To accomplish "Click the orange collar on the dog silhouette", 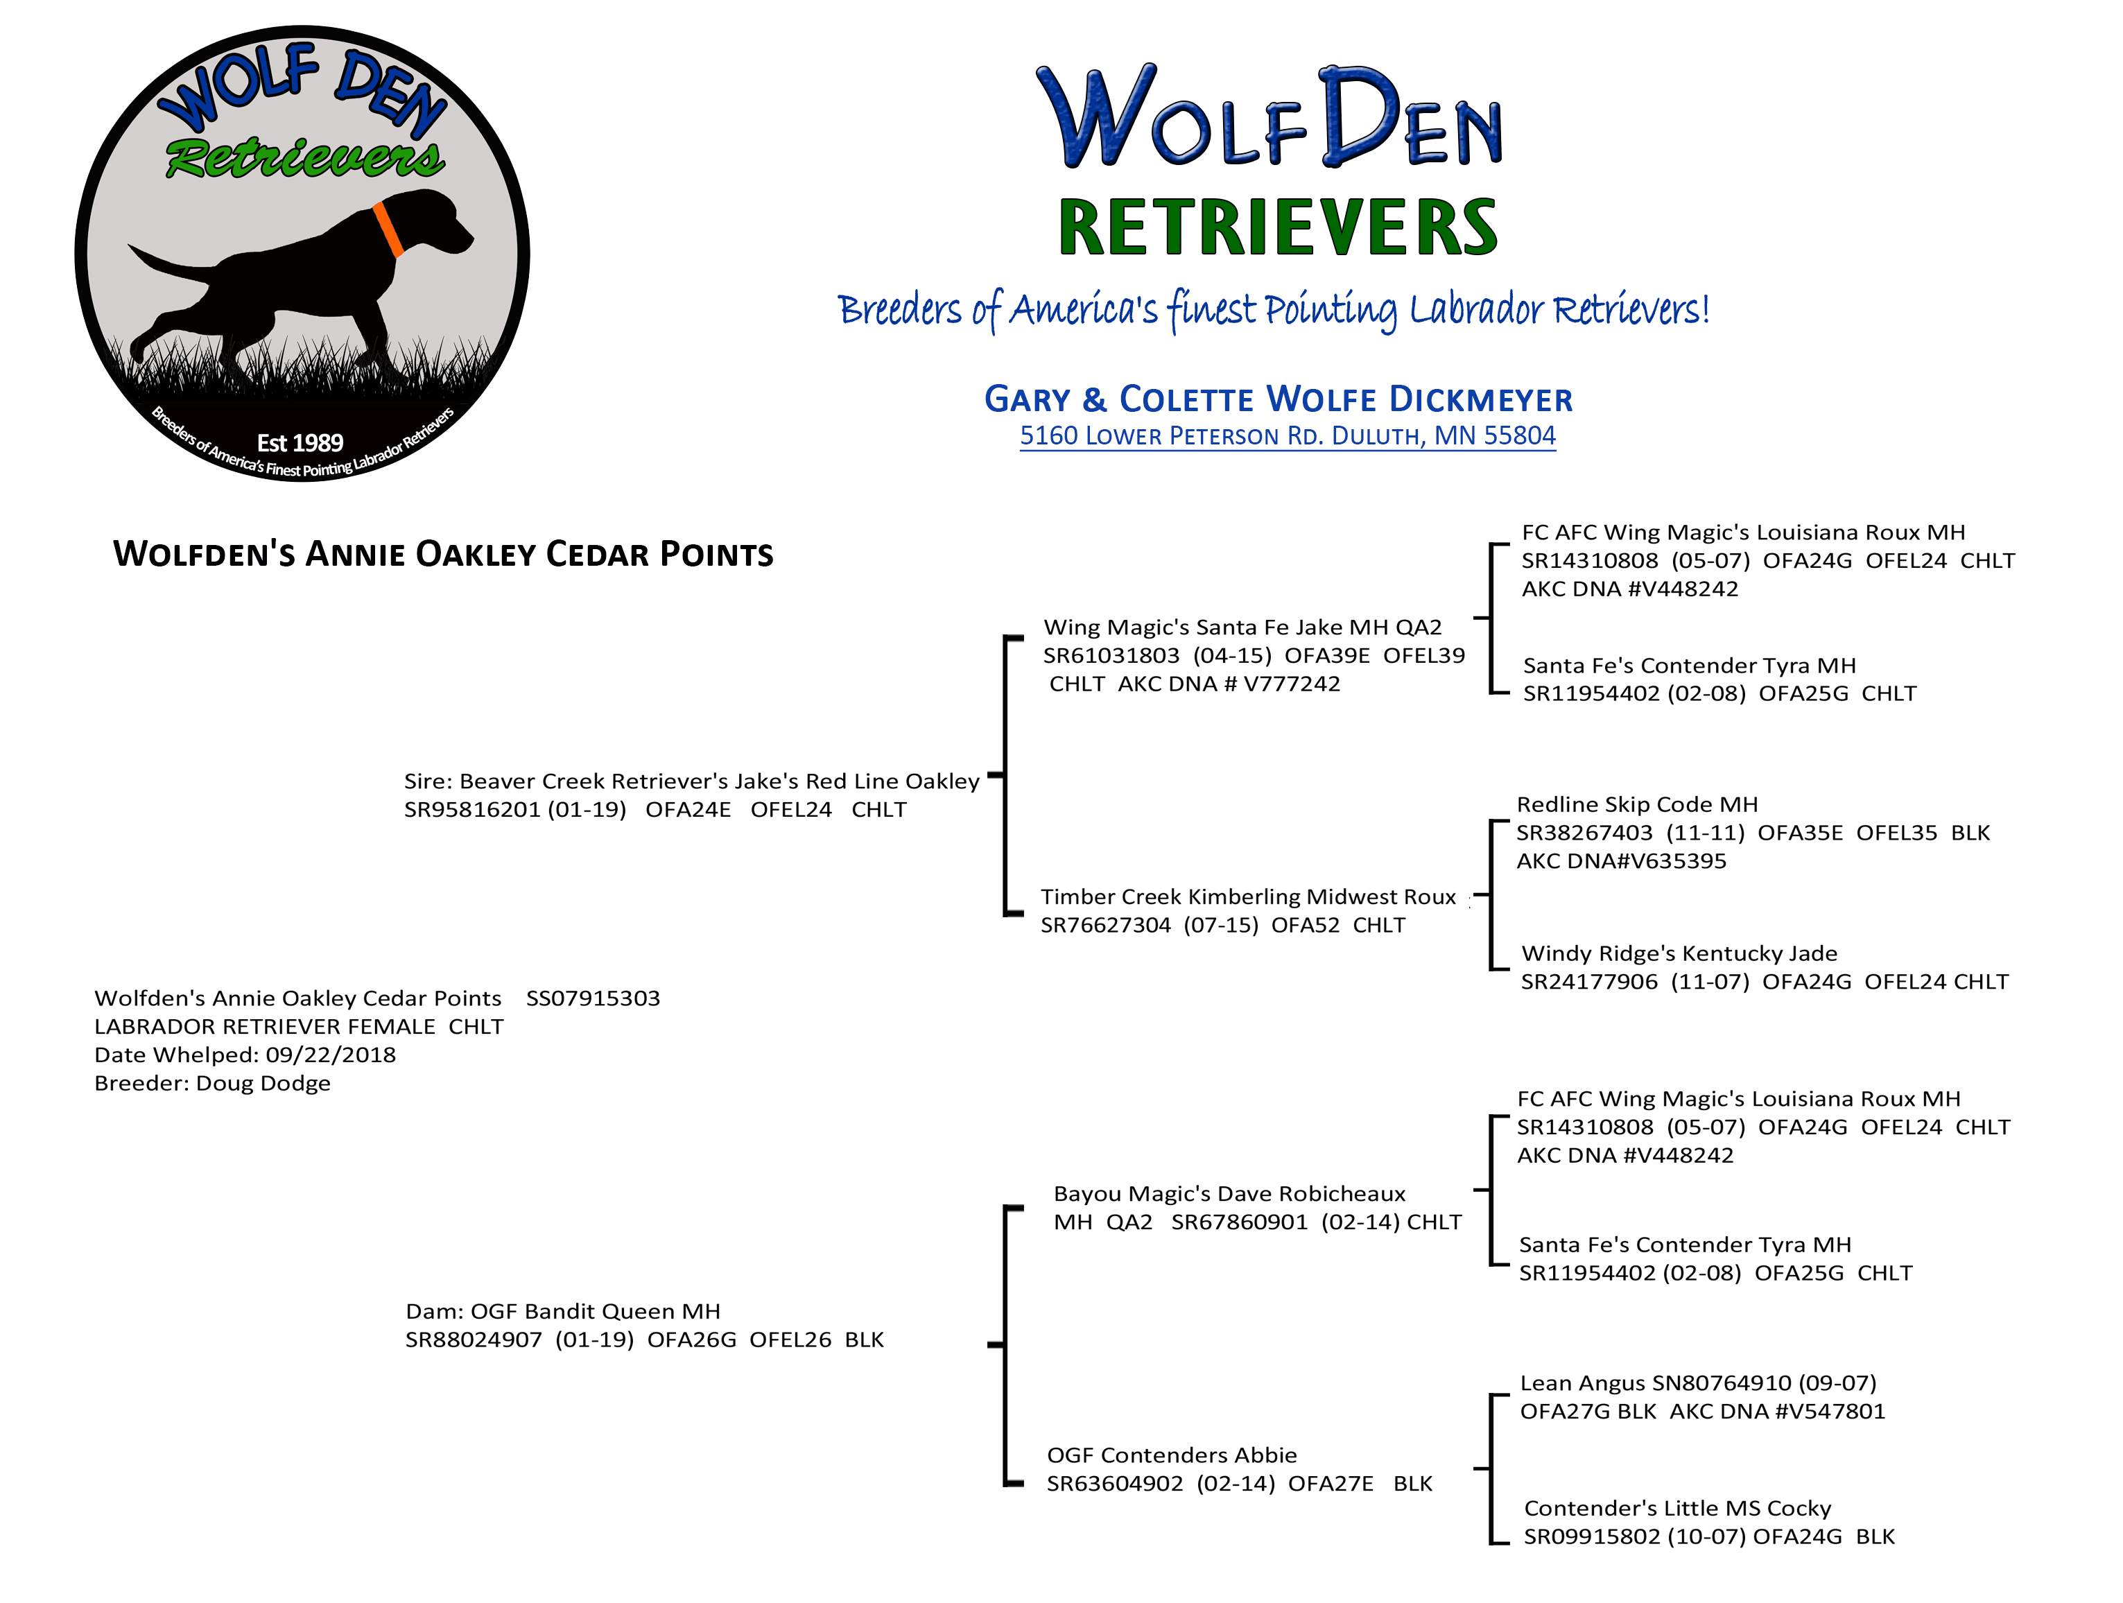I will (x=388, y=229).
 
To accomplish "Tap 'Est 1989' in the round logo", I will (x=300, y=442).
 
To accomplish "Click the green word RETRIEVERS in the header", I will (x=1277, y=228).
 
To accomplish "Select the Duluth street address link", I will (x=1287, y=436).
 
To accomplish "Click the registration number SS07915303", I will (x=592, y=998).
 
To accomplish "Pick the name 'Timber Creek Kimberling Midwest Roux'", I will (x=1248, y=897).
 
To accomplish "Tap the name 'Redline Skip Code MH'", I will (x=1636, y=804).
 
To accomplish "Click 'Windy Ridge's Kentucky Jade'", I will (x=1679, y=954).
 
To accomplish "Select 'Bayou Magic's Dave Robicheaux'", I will (x=1229, y=1194).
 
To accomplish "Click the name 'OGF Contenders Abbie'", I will (x=1171, y=1455).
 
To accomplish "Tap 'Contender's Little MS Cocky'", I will (x=1676, y=1509).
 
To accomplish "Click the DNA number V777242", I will (x=1291, y=684).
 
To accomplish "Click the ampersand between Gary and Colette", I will (x=1094, y=399).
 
